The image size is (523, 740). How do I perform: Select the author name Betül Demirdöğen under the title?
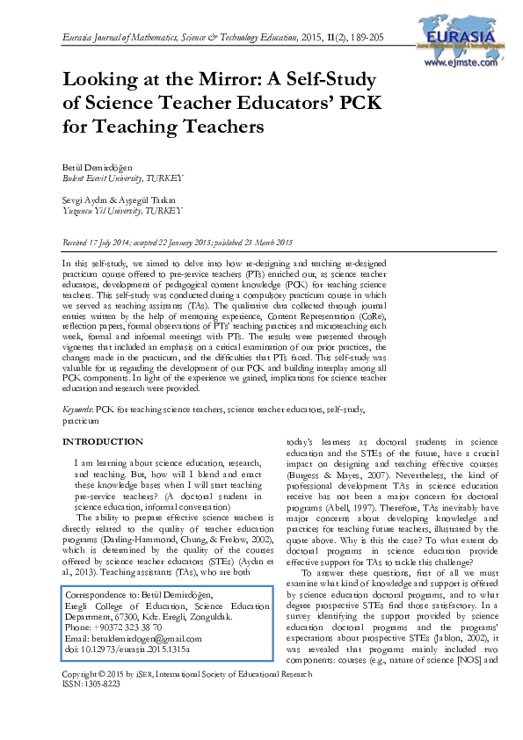click(x=99, y=166)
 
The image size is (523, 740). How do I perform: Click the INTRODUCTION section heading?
click(x=103, y=441)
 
